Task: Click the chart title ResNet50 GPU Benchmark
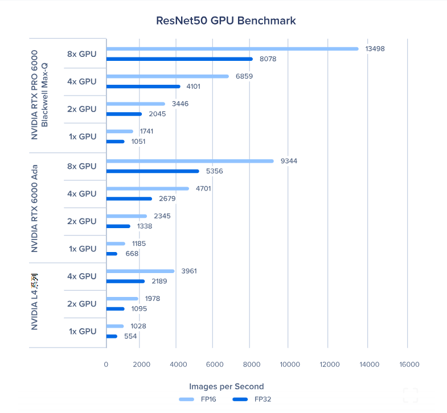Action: click(226, 21)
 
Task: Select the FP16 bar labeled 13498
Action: click(232, 49)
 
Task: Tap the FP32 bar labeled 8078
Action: click(179, 59)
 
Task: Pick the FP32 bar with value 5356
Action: click(153, 171)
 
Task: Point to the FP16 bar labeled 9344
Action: click(190, 161)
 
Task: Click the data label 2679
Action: click(167, 199)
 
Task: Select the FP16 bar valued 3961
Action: click(140, 271)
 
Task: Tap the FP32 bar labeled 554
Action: click(112, 336)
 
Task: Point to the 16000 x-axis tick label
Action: click(409, 365)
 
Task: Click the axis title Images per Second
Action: click(226, 387)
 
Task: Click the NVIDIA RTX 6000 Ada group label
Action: click(35, 208)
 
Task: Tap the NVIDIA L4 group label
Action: click(35, 302)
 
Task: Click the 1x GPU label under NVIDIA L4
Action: click(82, 331)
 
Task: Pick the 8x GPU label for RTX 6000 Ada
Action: click(82, 166)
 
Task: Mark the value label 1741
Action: click(146, 131)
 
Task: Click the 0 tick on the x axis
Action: click(106, 365)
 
